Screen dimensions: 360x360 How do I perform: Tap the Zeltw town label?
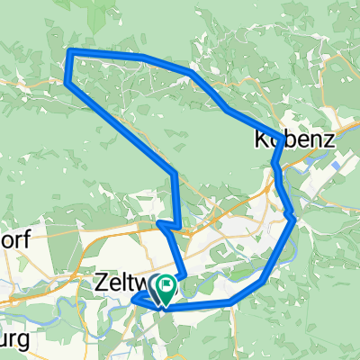120,284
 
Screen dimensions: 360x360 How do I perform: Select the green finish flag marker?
166,289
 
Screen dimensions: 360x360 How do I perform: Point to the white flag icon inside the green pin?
166,287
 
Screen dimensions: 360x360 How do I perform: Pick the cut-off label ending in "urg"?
13,342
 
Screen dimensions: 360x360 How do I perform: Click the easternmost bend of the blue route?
294,215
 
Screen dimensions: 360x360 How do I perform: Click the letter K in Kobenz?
260,141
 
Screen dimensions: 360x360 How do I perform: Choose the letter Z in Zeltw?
100,284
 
